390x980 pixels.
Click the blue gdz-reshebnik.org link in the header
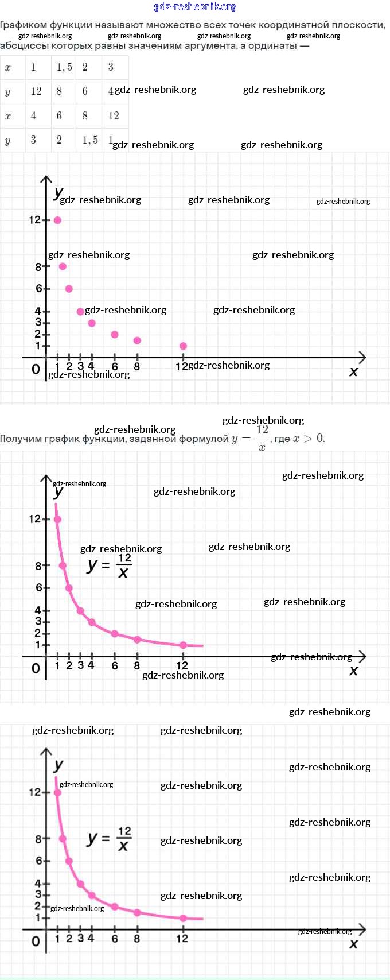[195, 7]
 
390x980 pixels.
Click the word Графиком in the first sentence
[23, 25]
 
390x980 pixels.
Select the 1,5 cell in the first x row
[64, 67]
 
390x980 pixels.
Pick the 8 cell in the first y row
[59, 91]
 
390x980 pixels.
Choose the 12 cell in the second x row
[114, 115]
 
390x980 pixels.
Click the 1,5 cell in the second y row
[90, 140]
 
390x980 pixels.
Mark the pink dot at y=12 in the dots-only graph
[57, 220]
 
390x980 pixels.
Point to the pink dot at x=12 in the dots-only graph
[183, 346]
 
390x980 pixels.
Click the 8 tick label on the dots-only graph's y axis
[38, 266]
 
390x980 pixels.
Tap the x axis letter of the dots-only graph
[353, 372]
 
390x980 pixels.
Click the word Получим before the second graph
[22, 439]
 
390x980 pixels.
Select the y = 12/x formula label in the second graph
[110, 565]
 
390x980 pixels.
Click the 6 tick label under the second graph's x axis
[115, 666]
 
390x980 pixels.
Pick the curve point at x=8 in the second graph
[137, 640]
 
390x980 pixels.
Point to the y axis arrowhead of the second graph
[46, 478]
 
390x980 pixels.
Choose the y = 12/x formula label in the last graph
[110, 839]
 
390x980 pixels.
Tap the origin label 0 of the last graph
[36, 942]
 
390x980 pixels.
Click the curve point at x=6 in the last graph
[115, 907]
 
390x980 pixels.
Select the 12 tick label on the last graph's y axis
[35, 792]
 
